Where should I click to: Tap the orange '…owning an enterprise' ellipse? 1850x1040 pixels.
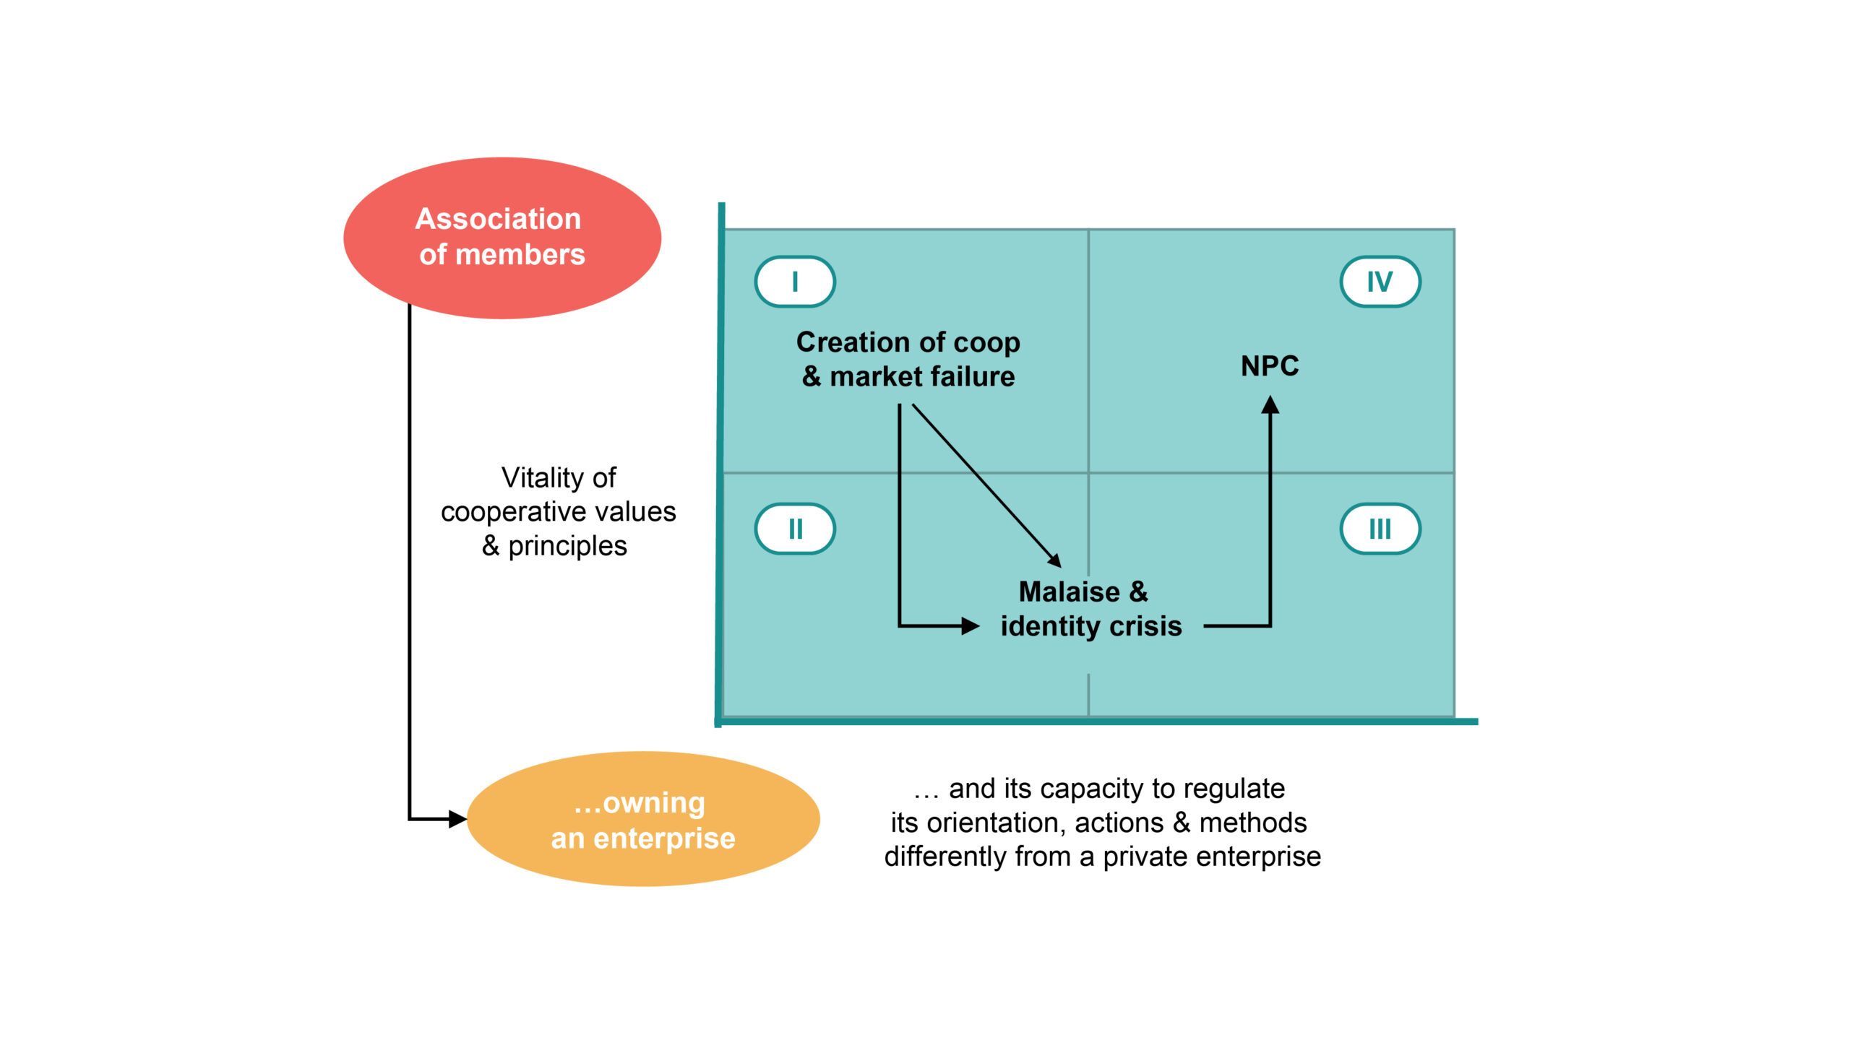click(643, 819)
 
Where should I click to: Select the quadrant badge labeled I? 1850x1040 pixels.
click(795, 282)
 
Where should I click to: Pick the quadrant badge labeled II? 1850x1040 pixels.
click(795, 529)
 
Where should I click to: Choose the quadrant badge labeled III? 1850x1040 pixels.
click(1380, 529)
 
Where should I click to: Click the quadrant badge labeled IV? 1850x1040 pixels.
click(1380, 282)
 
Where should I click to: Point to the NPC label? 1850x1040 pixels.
click(1270, 366)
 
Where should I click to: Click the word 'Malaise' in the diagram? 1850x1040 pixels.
click(1069, 591)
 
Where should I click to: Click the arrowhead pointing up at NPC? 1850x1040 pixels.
click(1270, 404)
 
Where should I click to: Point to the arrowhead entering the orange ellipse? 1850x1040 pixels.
click(458, 819)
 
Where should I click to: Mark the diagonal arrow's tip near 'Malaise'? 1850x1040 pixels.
click(1056, 561)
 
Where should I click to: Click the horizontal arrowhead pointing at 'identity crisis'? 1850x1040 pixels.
click(971, 625)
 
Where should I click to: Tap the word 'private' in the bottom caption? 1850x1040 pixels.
click(1148, 857)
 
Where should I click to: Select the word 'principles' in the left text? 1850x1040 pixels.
click(567, 546)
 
